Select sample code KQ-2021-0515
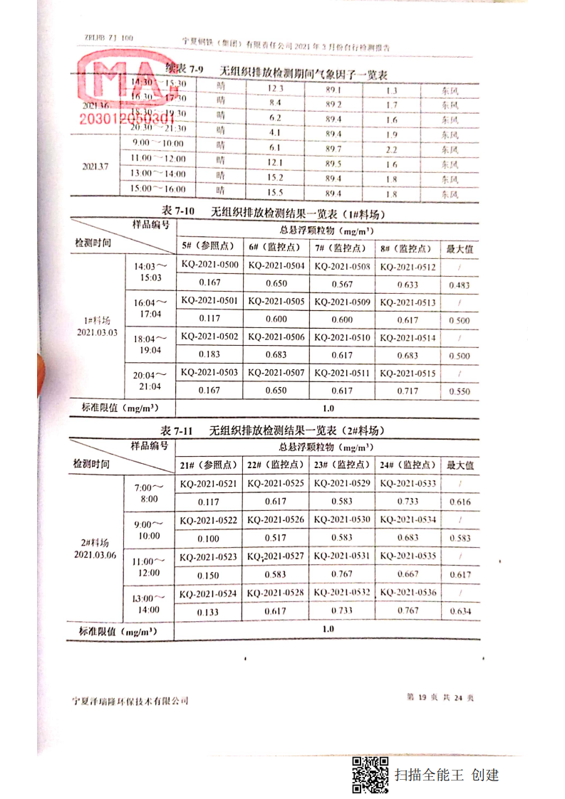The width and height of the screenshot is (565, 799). point(407,374)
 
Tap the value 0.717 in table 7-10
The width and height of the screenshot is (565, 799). point(408,391)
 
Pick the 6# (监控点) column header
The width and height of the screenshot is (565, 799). point(276,248)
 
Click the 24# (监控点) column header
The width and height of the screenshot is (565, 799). point(407,465)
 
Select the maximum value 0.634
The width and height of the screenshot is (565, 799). point(460,611)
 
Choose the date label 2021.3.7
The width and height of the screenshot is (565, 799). point(95,166)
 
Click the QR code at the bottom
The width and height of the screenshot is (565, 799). point(370,775)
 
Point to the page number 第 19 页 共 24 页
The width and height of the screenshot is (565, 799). point(440,698)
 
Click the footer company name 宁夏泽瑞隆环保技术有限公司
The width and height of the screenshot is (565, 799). point(130,701)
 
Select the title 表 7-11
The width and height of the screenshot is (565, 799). point(177,431)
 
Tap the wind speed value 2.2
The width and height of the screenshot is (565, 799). point(392,149)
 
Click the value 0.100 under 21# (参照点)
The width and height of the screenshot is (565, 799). point(208,539)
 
